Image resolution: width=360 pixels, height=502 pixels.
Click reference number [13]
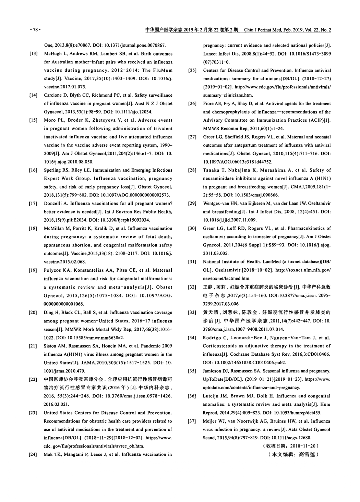(x=33, y=54)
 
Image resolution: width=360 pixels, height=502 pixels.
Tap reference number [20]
(x=33, y=313)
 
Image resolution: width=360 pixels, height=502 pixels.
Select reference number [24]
(x=33, y=454)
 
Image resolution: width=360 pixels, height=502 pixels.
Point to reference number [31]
(x=192, y=262)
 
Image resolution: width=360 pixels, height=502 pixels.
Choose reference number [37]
(x=192, y=421)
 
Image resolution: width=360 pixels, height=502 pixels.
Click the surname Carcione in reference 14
(x=53, y=95)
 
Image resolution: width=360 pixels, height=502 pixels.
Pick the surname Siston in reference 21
(x=50, y=346)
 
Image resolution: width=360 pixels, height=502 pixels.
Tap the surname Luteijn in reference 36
(x=211, y=396)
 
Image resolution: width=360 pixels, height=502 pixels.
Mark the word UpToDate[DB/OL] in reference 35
(x=220, y=379)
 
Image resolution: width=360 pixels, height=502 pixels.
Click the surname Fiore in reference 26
(x=208, y=103)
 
